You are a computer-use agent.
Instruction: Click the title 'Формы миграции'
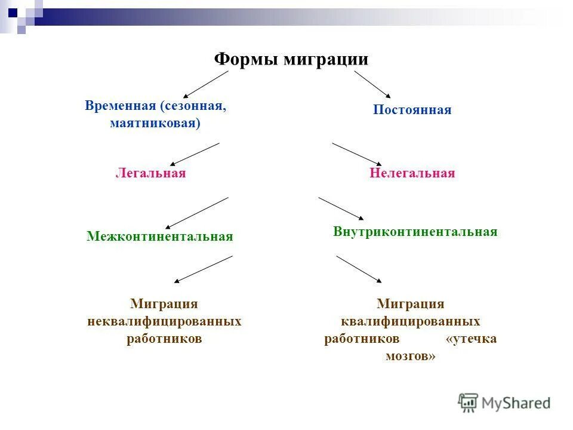pyautogui.click(x=291, y=60)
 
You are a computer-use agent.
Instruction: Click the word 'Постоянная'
pyautogui.click(x=412, y=110)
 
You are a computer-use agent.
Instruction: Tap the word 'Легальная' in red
pyautogui.click(x=150, y=173)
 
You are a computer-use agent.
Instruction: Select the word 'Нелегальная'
pyautogui.click(x=412, y=173)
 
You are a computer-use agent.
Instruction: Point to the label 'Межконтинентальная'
pyautogui.click(x=159, y=236)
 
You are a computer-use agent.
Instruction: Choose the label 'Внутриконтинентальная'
pyautogui.click(x=415, y=232)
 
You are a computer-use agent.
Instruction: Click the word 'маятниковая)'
pyautogui.click(x=155, y=123)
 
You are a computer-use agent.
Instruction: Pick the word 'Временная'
pyautogui.click(x=120, y=106)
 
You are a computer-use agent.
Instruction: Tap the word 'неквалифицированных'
pyautogui.click(x=164, y=321)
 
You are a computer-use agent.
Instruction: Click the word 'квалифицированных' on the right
pyautogui.click(x=411, y=321)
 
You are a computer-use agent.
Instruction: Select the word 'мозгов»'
pyautogui.click(x=411, y=356)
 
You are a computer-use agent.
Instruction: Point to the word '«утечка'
pyautogui.click(x=471, y=339)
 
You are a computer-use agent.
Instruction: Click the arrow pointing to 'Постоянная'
pyautogui.click(x=372, y=84)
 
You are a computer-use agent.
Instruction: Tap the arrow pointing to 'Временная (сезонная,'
pyautogui.click(x=206, y=84)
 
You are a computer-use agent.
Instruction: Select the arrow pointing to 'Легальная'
pyautogui.click(x=195, y=153)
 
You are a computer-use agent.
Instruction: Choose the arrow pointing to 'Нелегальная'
pyautogui.click(x=356, y=153)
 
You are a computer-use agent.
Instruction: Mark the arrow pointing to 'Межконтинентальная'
pyautogui.click(x=197, y=213)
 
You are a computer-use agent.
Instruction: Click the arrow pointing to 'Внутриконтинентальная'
pyautogui.click(x=340, y=208)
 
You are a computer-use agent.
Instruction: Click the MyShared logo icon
pyautogui.click(x=469, y=403)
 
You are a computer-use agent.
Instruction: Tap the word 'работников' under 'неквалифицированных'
pyautogui.click(x=164, y=339)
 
